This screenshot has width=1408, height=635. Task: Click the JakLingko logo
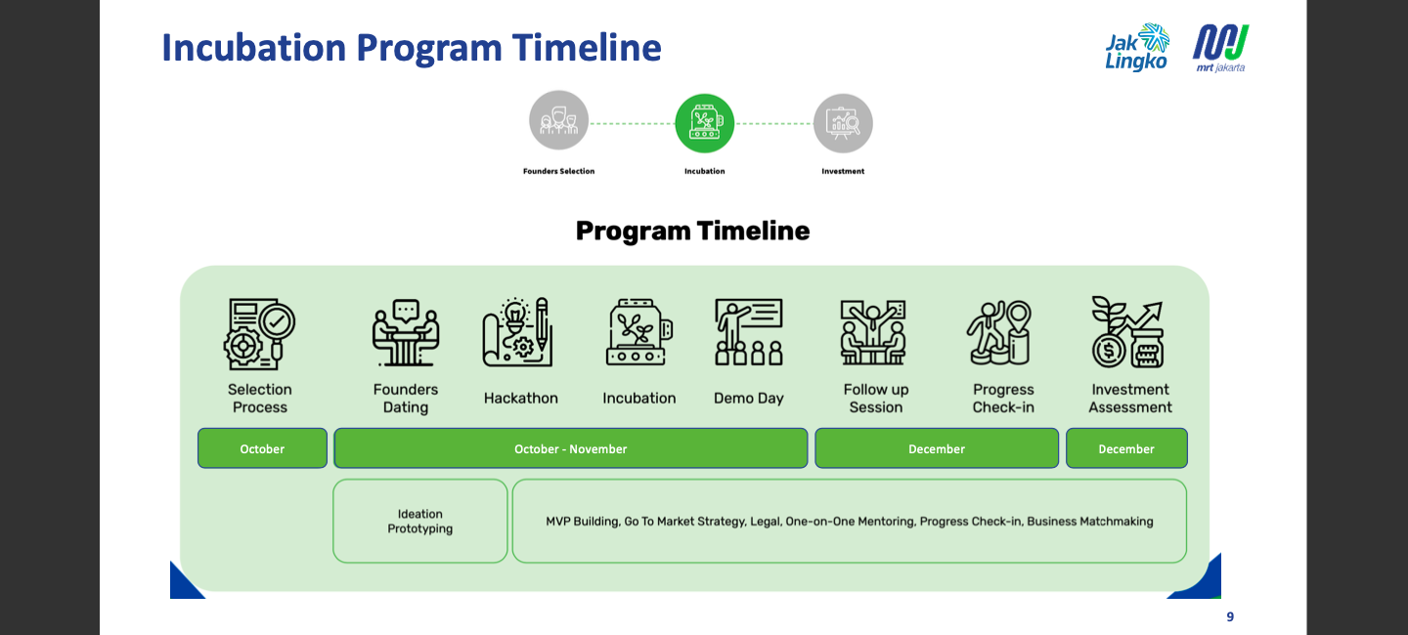click(1137, 48)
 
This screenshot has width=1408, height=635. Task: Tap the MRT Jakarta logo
click(1220, 48)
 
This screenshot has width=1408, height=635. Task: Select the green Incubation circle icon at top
click(704, 123)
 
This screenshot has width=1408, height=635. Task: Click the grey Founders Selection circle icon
click(558, 120)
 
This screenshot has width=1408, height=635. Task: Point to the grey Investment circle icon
click(843, 123)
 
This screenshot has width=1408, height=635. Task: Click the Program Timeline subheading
click(692, 231)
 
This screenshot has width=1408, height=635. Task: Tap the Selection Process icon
click(259, 333)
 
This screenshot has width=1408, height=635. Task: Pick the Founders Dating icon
click(406, 333)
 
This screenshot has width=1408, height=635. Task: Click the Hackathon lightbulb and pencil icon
click(518, 333)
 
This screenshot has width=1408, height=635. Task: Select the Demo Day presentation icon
click(749, 333)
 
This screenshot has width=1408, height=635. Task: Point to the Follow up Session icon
click(873, 333)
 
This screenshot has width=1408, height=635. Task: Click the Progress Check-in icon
click(999, 333)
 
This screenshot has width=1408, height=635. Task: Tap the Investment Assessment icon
click(1126, 333)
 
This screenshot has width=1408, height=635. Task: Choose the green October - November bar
click(570, 448)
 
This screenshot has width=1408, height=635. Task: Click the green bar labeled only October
click(262, 448)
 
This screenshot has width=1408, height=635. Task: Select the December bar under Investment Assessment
click(1126, 448)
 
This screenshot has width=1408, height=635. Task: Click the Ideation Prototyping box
click(420, 521)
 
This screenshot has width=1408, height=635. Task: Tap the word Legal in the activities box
click(765, 522)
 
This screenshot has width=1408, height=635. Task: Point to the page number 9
click(1230, 616)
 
